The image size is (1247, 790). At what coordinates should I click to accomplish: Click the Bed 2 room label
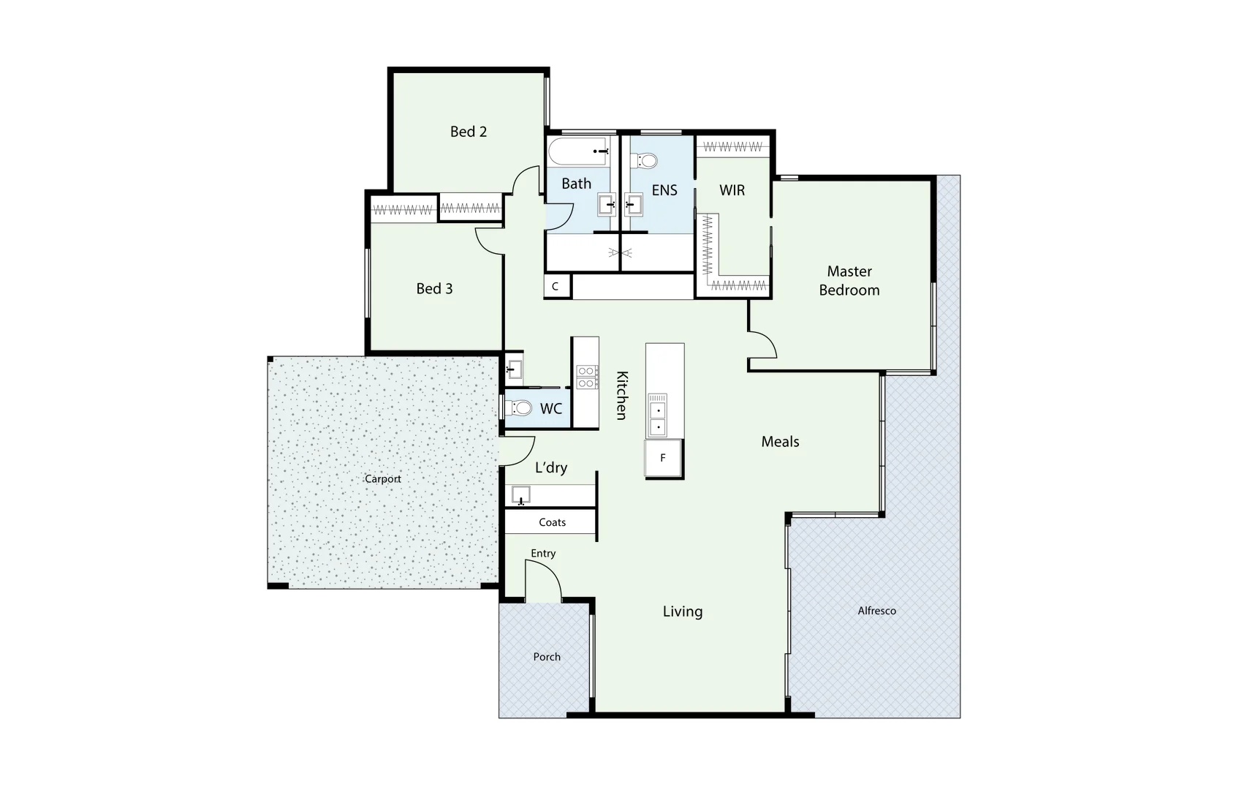pyautogui.click(x=468, y=132)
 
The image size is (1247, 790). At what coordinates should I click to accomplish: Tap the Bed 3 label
pyautogui.click(x=434, y=289)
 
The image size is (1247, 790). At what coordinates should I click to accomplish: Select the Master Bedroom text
pyautogui.click(x=849, y=281)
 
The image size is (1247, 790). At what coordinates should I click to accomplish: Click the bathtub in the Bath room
pyautogui.click(x=577, y=151)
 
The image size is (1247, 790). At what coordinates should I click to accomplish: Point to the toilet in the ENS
pyautogui.click(x=646, y=160)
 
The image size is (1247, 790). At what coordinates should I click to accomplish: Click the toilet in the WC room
pyautogui.click(x=520, y=407)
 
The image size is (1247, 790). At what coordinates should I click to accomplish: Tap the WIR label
pyautogui.click(x=732, y=190)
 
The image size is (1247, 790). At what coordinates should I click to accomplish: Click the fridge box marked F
pyautogui.click(x=664, y=459)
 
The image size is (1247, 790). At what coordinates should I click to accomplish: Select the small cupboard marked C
pyautogui.click(x=556, y=286)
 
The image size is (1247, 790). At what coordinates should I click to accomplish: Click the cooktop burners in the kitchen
pyautogui.click(x=586, y=377)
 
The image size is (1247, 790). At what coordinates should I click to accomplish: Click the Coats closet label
pyautogui.click(x=552, y=522)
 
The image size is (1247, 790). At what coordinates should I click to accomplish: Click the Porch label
pyautogui.click(x=547, y=657)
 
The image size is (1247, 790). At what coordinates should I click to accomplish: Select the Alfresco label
pyautogui.click(x=876, y=611)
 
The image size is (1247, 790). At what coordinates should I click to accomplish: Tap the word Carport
pyautogui.click(x=383, y=479)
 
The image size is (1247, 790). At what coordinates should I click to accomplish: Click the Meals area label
pyautogui.click(x=780, y=442)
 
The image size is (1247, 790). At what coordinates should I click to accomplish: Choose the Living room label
pyautogui.click(x=682, y=612)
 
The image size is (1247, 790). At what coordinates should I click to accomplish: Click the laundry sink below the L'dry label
pyautogui.click(x=521, y=495)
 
